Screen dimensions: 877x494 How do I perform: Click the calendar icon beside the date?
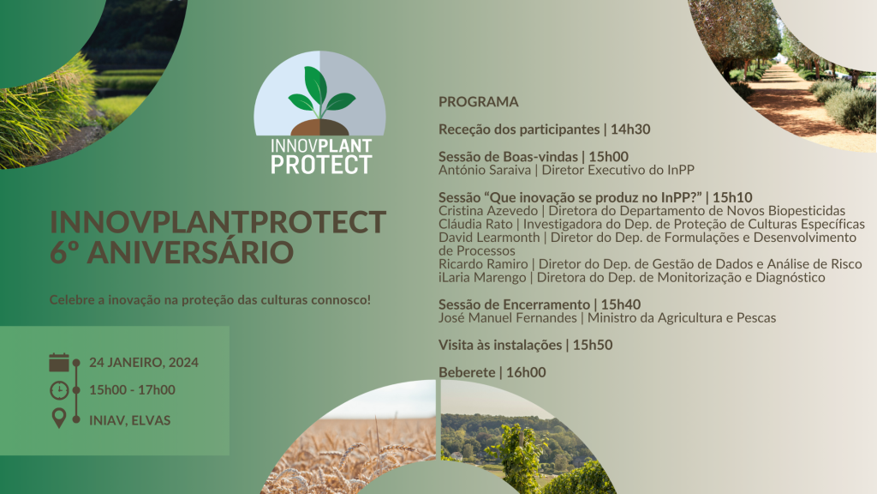[x=59, y=363]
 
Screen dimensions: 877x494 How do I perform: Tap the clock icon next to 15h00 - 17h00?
[x=59, y=390]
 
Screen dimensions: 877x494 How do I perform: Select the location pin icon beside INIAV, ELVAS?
[x=59, y=419]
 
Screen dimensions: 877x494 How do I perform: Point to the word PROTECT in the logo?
[x=321, y=165]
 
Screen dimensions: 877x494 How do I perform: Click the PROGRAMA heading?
[x=478, y=102]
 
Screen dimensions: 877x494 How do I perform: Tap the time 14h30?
[x=630, y=130]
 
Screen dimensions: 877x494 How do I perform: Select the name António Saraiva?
[x=485, y=171]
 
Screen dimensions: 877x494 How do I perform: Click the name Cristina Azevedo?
[x=487, y=211]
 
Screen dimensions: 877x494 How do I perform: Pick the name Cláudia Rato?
[x=475, y=225]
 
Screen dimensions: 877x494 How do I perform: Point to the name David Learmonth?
[x=489, y=238]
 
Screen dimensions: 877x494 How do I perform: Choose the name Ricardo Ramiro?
[x=483, y=264]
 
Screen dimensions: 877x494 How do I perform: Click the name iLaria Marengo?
[x=482, y=278]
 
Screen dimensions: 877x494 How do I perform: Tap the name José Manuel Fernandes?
[x=507, y=318]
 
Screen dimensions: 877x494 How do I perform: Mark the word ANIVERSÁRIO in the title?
[x=190, y=253]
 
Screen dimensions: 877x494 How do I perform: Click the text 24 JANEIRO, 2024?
[x=144, y=363]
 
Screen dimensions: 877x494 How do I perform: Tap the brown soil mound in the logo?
[x=320, y=128]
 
